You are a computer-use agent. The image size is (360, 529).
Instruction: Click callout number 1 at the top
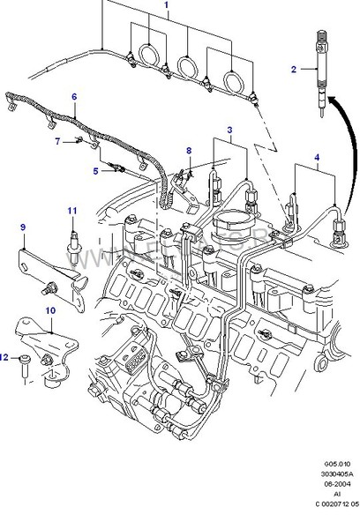165,5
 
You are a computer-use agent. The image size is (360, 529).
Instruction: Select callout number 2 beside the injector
295,68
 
